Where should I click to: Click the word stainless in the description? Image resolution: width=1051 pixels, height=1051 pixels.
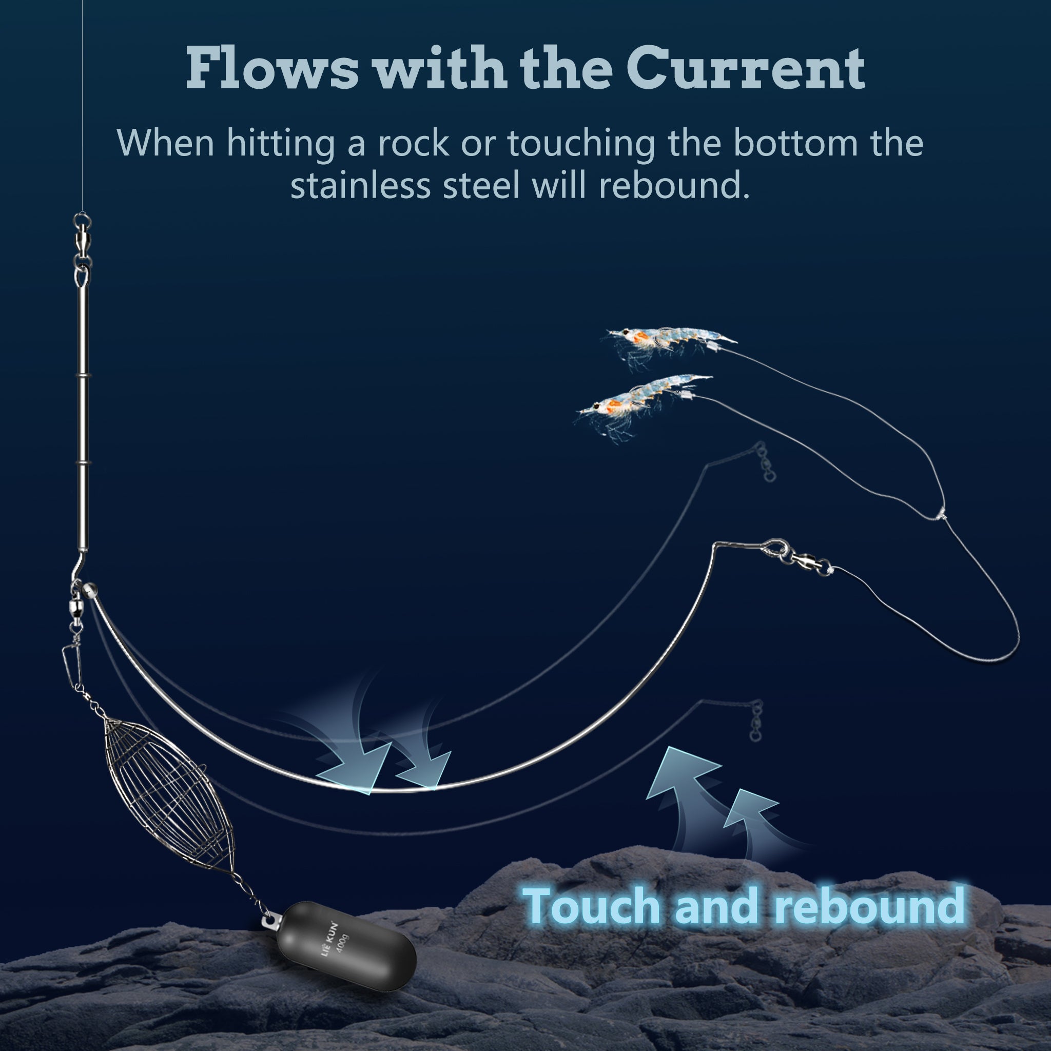[361, 185]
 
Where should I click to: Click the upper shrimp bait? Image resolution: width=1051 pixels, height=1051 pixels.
[669, 343]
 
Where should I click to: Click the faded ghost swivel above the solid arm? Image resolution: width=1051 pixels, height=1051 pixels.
[765, 462]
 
